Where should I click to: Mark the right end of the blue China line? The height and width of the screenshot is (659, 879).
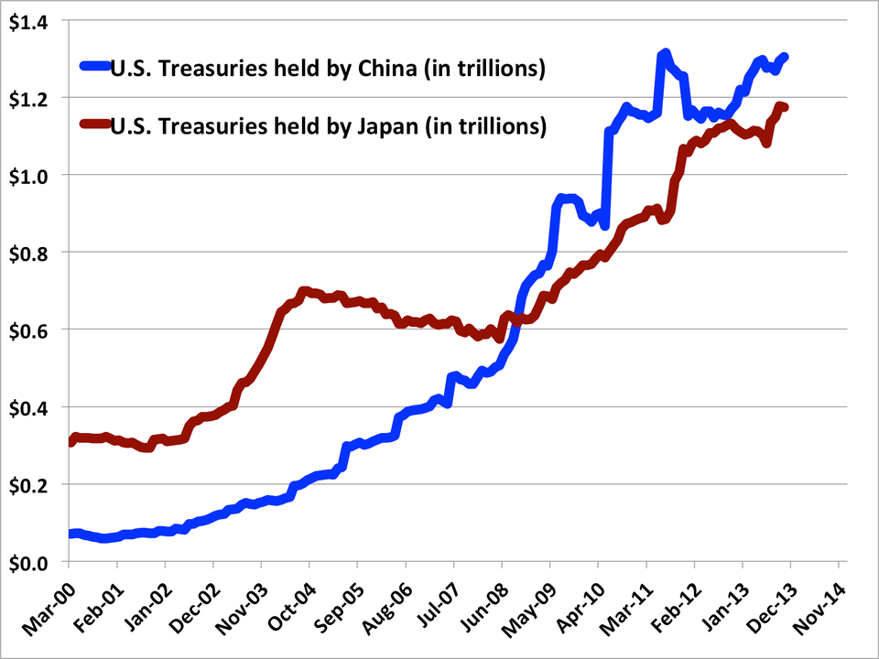(x=785, y=58)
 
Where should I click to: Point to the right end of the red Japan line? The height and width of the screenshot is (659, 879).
(x=784, y=108)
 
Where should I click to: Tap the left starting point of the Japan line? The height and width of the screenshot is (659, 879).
(x=71, y=441)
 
